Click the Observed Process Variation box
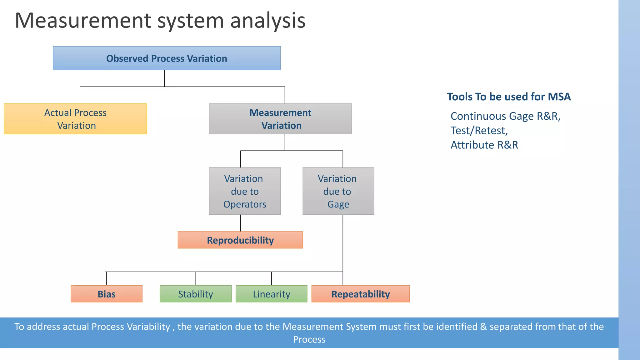pyautogui.click(x=167, y=58)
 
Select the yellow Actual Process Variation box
pyautogui.click(x=75, y=119)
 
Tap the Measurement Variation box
pyautogui.click(x=280, y=119)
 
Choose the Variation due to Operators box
pyautogui.click(x=245, y=191)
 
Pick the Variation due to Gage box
pyautogui.click(x=338, y=191)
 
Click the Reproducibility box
pyautogui.click(x=240, y=240)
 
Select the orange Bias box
pyautogui.click(x=107, y=294)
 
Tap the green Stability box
pyautogui.click(x=196, y=294)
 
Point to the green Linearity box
pyautogui.click(x=271, y=294)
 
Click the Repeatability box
pyautogui.click(x=360, y=294)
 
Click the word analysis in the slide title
pyautogui.click(x=268, y=21)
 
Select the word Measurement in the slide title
pyautogui.click(x=83, y=21)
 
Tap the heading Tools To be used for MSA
pyautogui.click(x=509, y=97)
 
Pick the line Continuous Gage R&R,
pyautogui.click(x=505, y=116)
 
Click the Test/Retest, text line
pyautogui.click(x=479, y=131)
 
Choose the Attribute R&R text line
pyautogui.click(x=484, y=145)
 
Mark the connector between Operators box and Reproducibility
pyautogui.click(x=240, y=223)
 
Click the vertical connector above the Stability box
pyautogui.click(x=196, y=278)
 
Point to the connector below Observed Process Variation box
pyautogui.click(x=164, y=78)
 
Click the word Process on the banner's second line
pyautogui.click(x=309, y=340)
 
